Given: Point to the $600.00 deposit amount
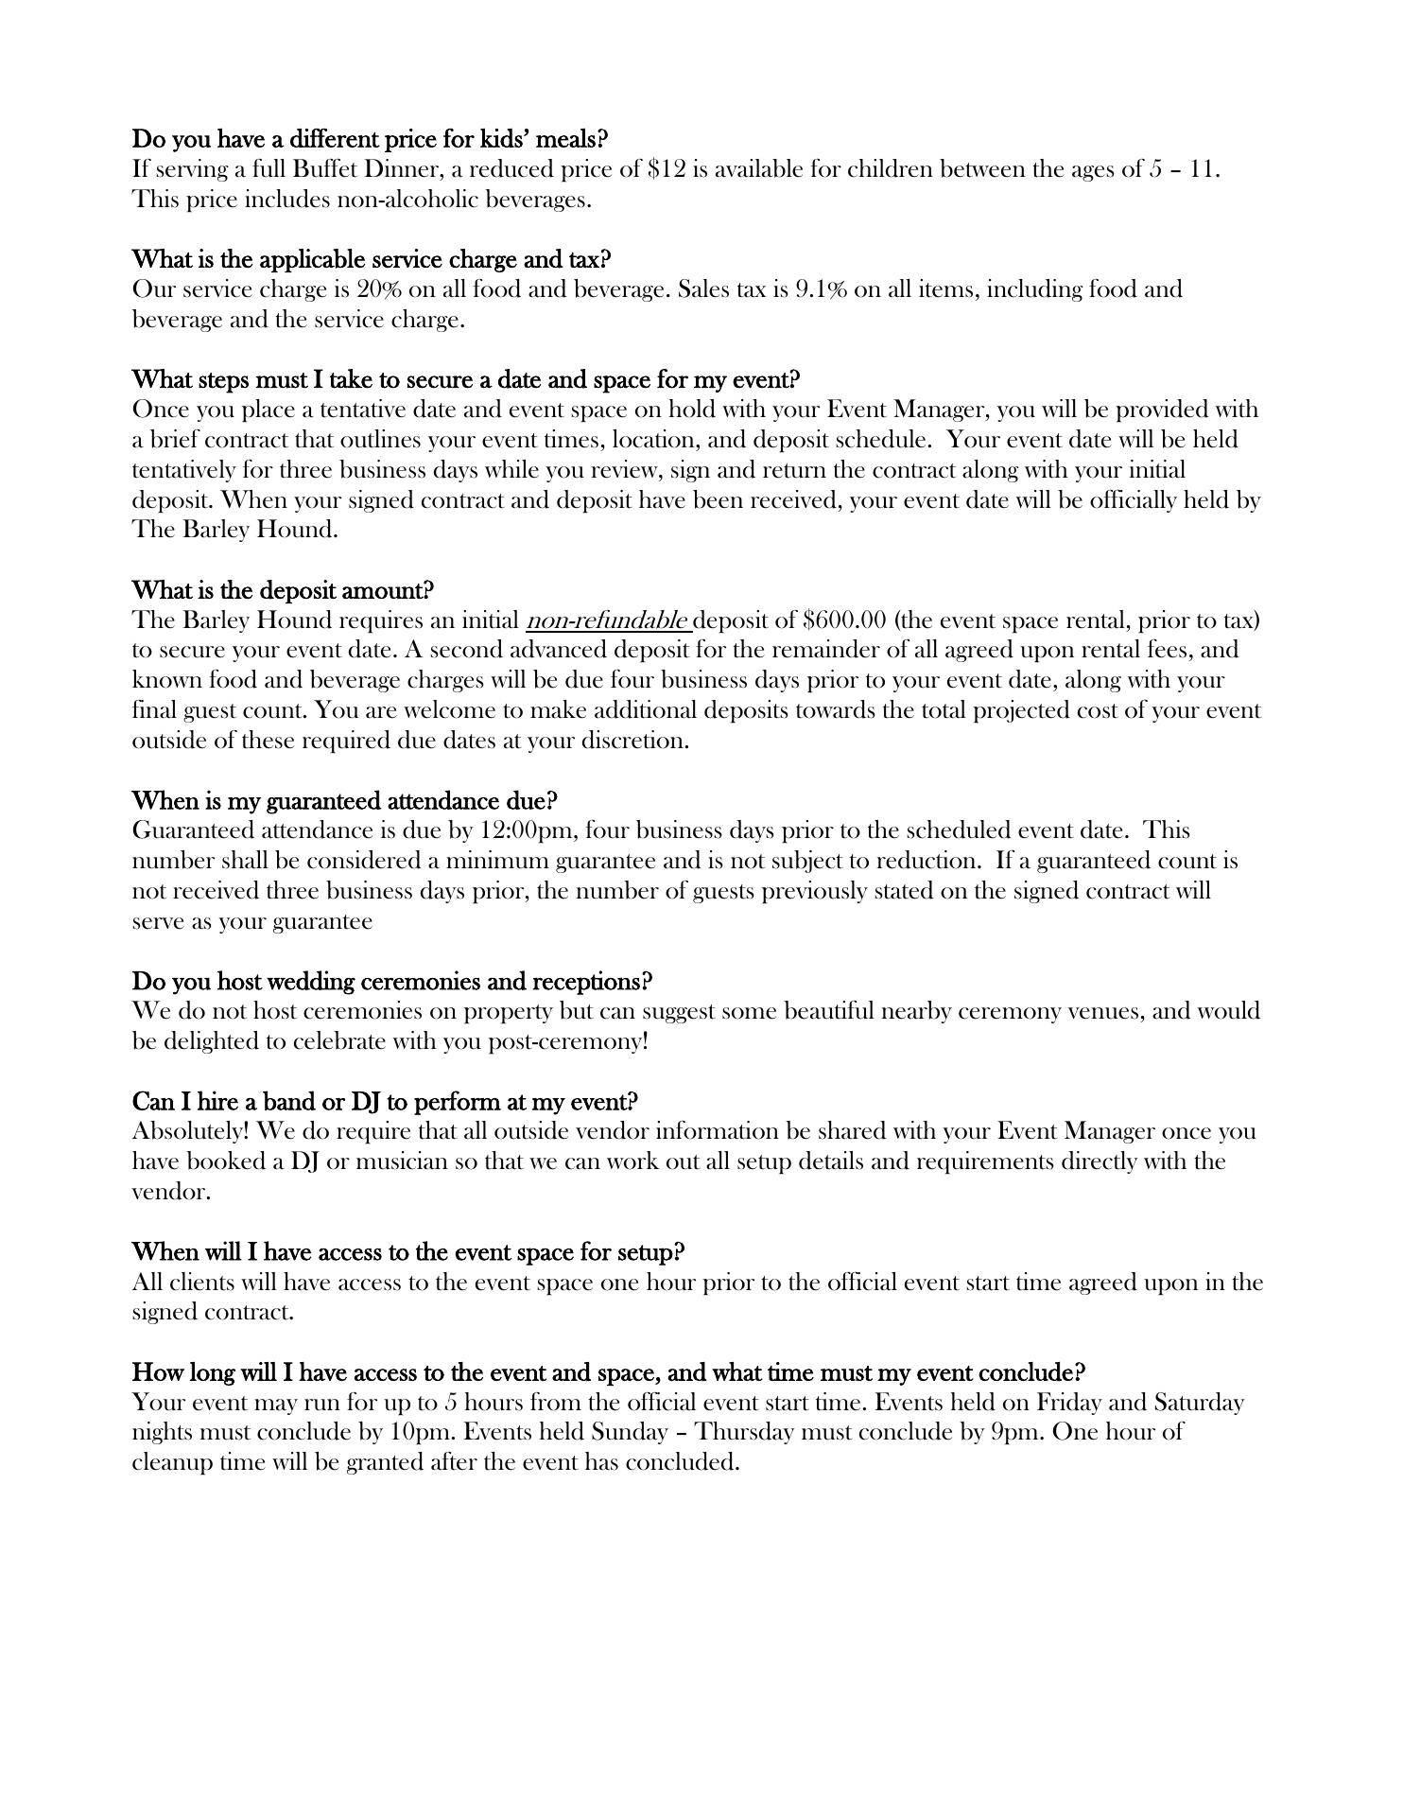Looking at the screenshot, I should point(844,621).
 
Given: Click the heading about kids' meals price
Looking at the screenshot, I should point(370,140).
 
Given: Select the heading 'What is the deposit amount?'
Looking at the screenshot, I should point(283,591).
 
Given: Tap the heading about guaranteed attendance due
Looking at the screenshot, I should point(344,801).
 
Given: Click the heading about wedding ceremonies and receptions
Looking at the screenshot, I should point(392,982).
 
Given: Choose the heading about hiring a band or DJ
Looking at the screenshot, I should point(385,1102).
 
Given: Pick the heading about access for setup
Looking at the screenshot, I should point(407,1252).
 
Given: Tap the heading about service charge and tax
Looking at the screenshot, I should point(372,260).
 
